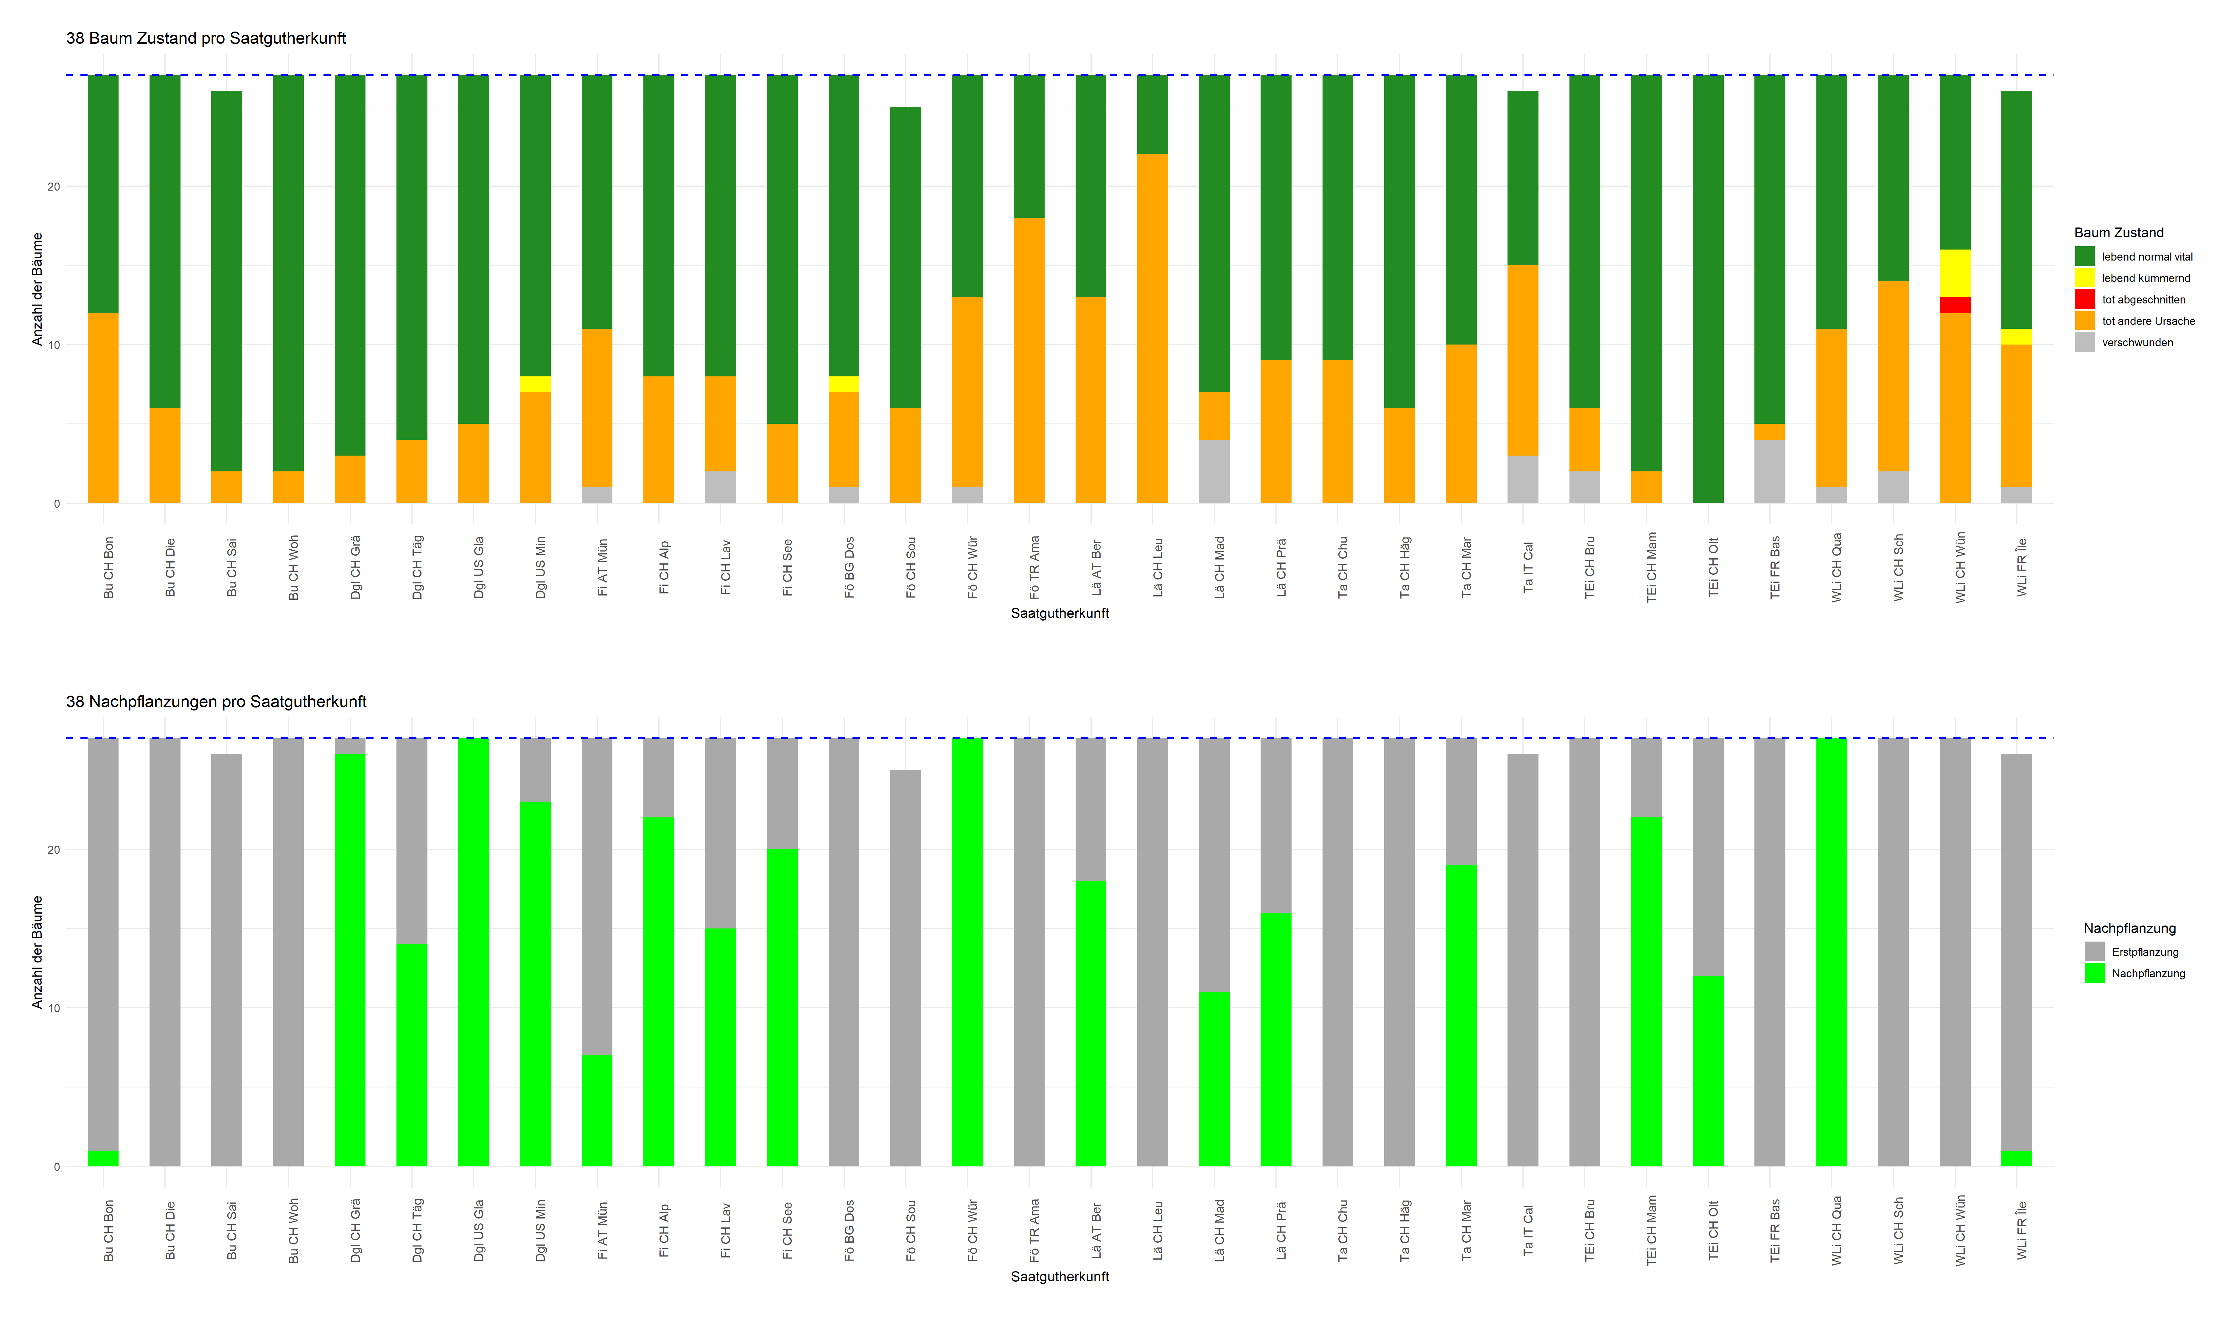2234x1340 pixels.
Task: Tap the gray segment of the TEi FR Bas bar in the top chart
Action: (1769, 471)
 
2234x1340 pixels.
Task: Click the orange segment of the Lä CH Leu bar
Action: (1152, 329)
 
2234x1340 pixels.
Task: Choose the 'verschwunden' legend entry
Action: (2137, 342)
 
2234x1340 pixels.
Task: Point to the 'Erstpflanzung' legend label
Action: (2145, 952)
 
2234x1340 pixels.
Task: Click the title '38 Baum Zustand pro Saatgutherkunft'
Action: (206, 38)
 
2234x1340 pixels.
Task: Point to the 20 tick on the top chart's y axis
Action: (54, 187)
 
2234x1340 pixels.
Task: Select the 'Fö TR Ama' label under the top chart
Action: (1034, 567)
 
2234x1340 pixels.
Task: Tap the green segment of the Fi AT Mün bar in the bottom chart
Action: (597, 1111)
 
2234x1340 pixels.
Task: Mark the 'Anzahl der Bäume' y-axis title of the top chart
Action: (37, 289)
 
